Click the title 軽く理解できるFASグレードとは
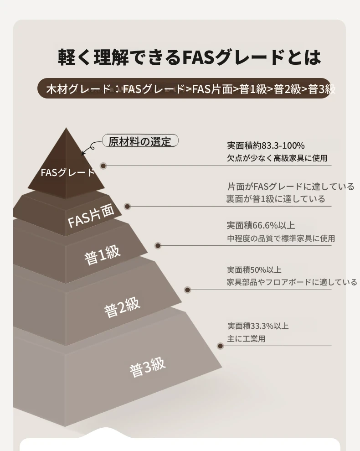coord(190,57)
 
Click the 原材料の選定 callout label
coord(139,141)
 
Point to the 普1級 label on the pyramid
coord(103,254)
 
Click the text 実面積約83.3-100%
coord(266,145)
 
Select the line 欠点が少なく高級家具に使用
coord(277,158)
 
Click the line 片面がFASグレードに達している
coord(290,187)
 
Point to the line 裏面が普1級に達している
coord(276,199)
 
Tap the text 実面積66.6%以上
coord(261,225)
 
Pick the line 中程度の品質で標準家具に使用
coord(281,238)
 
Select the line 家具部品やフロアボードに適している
coord(292,282)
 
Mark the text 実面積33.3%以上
coord(258,326)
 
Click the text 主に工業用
coord(246,339)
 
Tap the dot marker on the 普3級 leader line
coord(221,346)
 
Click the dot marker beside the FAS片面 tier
coord(128,207)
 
